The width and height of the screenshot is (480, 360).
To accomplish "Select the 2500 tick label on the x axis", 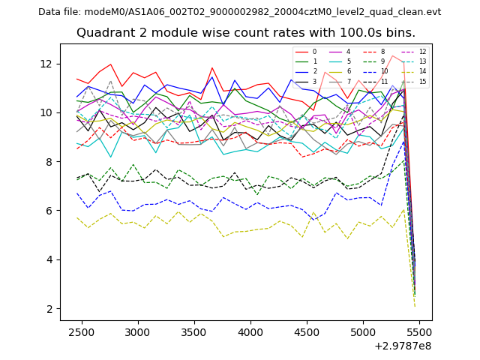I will tap(81, 331).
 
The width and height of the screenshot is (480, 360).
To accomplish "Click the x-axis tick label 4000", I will tap(250, 331).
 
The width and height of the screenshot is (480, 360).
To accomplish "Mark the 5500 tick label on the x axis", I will tap(420, 331).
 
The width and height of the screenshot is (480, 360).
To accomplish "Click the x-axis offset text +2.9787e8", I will tap(403, 346).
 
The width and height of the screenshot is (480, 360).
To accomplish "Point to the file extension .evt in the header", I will tap(431, 12).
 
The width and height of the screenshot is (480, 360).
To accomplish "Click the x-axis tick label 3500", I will tap(194, 331).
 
